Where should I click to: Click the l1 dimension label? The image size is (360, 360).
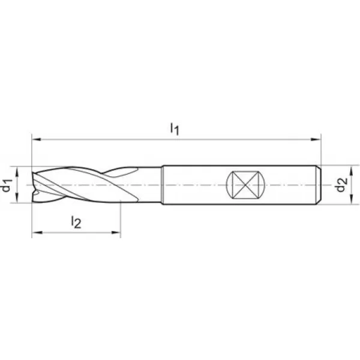(175, 128)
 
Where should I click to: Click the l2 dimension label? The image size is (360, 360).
(76, 222)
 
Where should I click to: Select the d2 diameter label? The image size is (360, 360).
(341, 185)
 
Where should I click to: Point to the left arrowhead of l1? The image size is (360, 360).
(36, 139)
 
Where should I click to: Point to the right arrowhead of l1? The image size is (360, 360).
(316, 139)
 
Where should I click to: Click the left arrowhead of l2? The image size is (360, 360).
(37, 233)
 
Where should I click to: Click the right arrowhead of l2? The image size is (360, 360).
(116, 233)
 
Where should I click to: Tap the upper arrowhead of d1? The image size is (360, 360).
(17, 171)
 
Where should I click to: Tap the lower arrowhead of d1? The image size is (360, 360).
(17, 198)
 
